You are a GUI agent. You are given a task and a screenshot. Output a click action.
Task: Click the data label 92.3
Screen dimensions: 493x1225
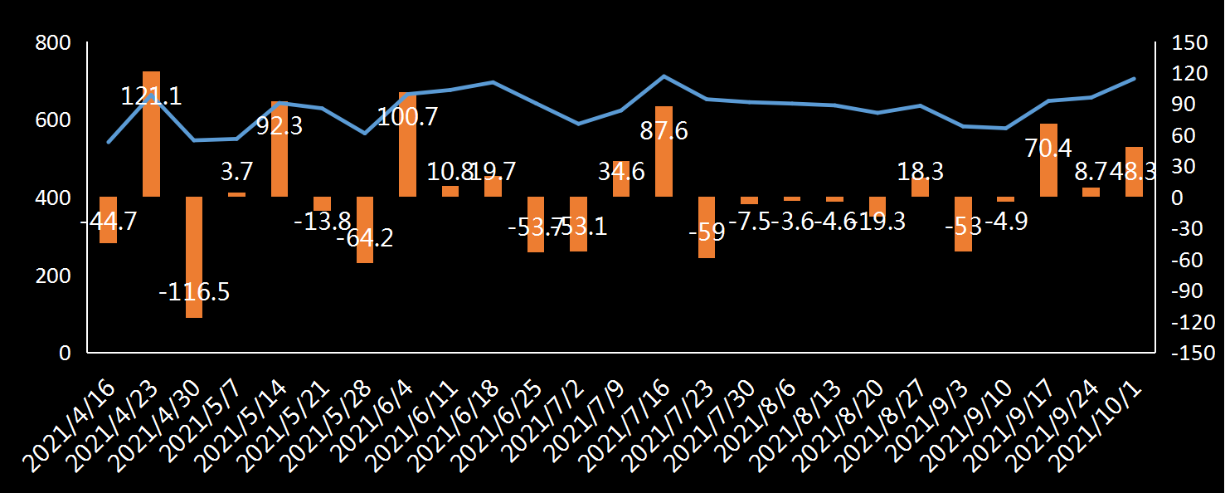coord(280,126)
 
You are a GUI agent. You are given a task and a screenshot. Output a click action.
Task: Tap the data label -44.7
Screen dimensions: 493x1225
coord(109,222)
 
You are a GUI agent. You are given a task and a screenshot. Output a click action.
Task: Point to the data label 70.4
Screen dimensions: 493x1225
coord(1048,149)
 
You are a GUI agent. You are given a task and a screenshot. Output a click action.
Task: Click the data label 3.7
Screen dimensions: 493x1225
coord(236,171)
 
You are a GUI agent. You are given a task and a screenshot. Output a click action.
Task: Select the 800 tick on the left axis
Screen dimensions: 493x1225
coord(52,43)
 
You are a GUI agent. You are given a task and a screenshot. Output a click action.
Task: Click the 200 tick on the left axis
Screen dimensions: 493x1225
coord(52,276)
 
